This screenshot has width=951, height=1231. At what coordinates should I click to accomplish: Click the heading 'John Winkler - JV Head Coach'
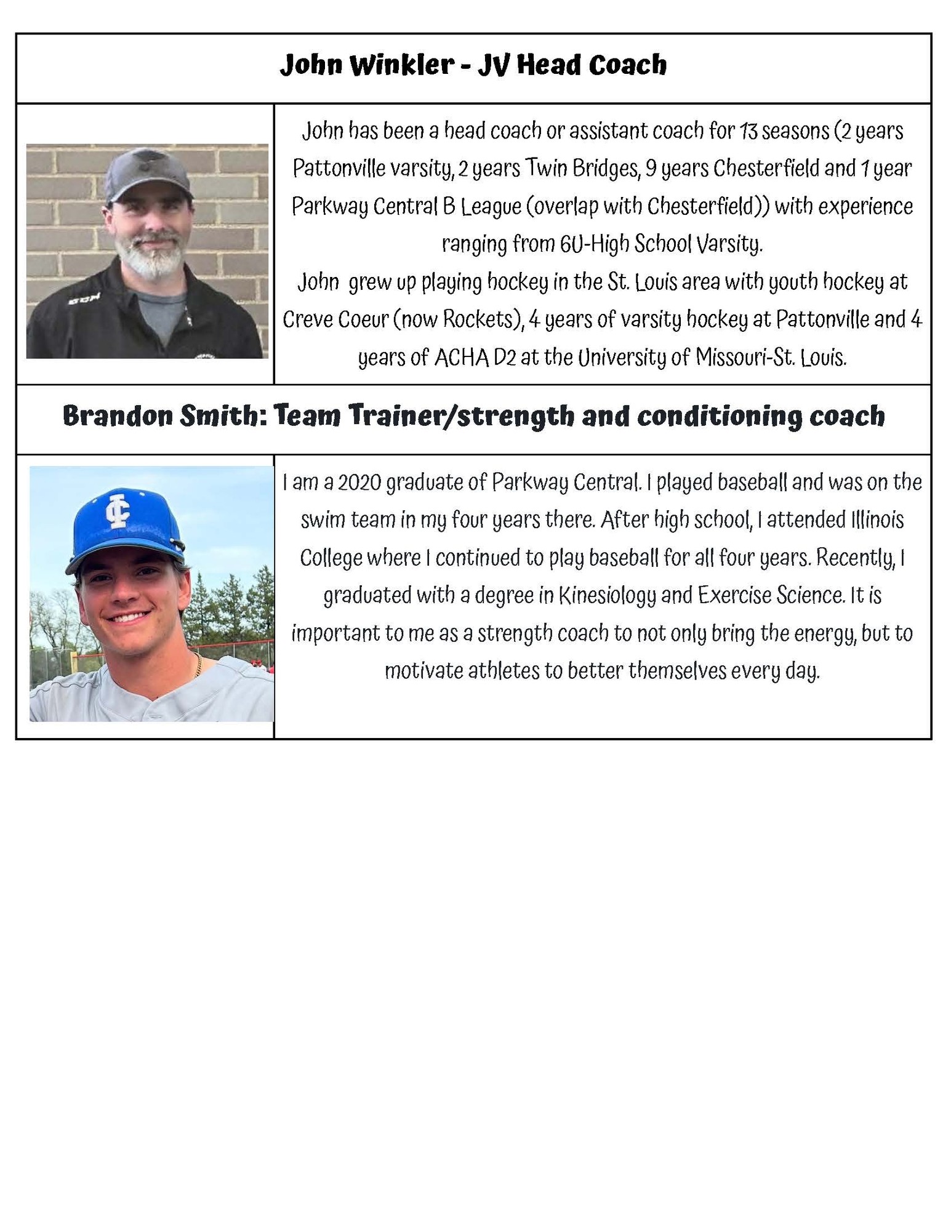(x=473, y=65)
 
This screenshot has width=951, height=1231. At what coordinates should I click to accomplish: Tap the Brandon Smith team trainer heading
(x=473, y=417)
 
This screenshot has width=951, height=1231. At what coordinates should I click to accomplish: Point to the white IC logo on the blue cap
(x=117, y=509)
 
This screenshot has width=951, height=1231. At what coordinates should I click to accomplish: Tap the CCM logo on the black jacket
(x=78, y=301)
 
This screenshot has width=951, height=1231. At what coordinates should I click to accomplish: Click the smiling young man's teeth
(x=130, y=617)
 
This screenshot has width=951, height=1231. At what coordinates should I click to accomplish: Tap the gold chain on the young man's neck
(x=198, y=665)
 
